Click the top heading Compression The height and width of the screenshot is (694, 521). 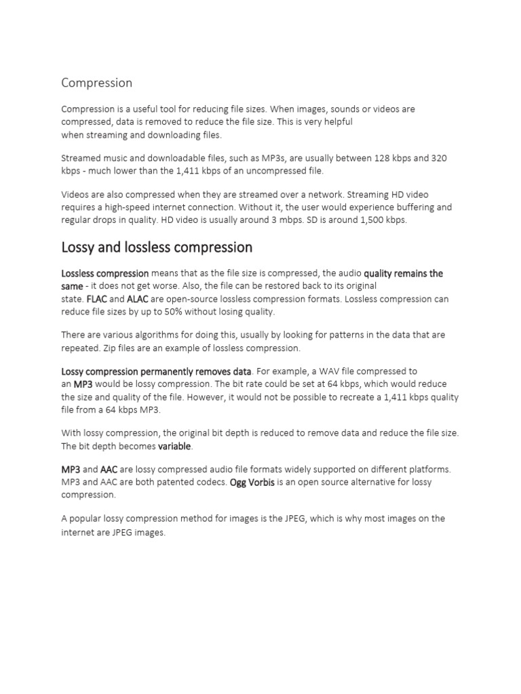click(96, 83)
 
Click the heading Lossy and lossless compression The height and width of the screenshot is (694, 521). click(157, 247)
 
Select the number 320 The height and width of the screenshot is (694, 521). click(438, 158)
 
